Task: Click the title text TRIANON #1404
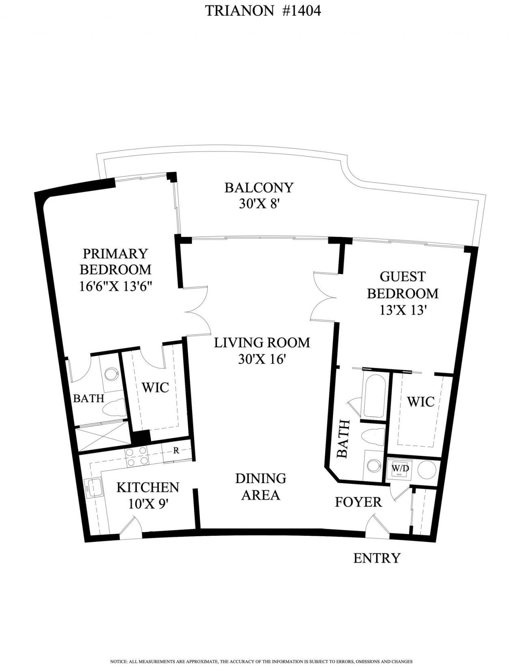tap(263, 11)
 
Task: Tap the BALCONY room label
tap(259, 187)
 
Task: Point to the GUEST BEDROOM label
tap(403, 285)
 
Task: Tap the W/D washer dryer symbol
tap(399, 469)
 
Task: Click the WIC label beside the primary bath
tap(155, 388)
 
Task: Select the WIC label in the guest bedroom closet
tap(420, 402)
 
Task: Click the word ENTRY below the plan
tap(377, 558)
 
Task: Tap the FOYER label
tap(358, 502)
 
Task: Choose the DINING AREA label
tap(261, 487)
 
